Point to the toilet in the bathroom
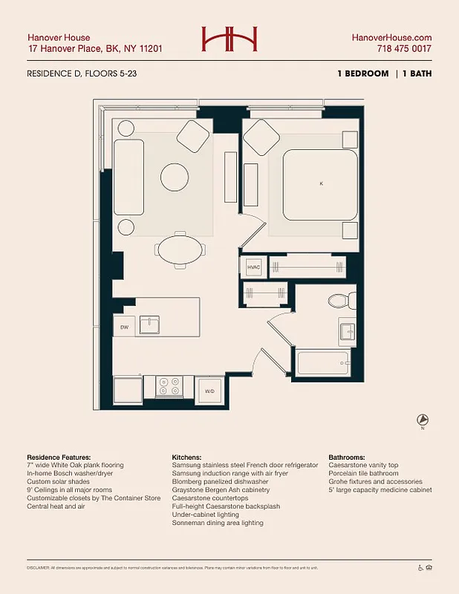tap(339, 300)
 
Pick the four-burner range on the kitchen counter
tap(169, 386)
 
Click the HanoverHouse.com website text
tap(392, 37)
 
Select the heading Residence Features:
tap(59, 457)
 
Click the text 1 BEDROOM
tap(362, 74)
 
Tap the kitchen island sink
tap(151, 323)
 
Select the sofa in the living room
tap(128, 175)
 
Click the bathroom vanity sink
tap(348, 330)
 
